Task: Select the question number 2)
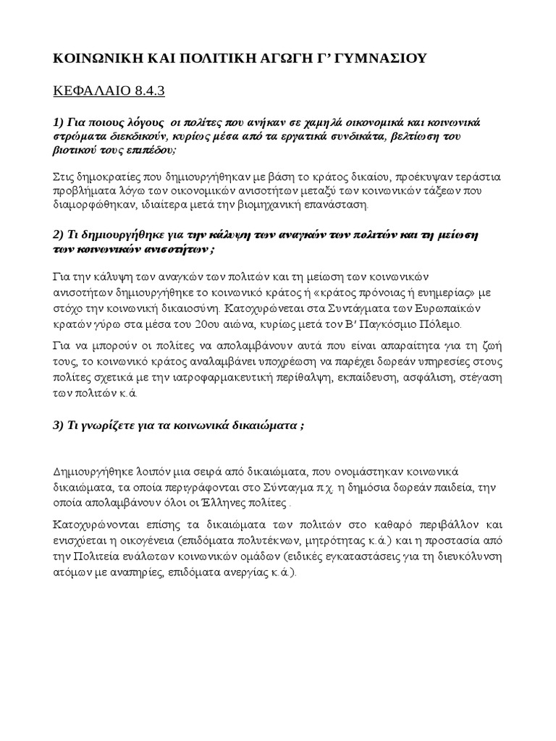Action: pyautogui.click(x=60, y=236)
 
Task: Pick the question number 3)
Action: pyautogui.click(x=60, y=425)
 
